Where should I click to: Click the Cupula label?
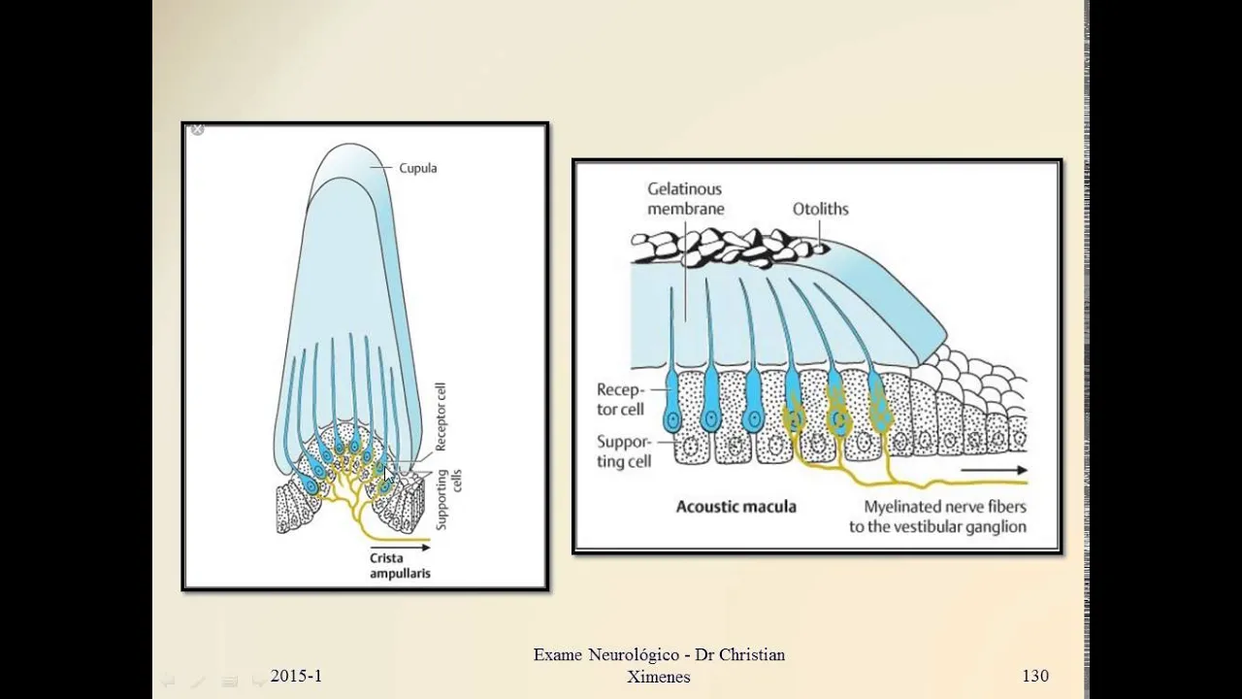pyautogui.click(x=417, y=168)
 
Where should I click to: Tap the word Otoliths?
pyautogui.click(x=821, y=209)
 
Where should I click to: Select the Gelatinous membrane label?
pyautogui.click(x=686, y=199)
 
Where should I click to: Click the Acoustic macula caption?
pyautogui.click(x=735, y=507)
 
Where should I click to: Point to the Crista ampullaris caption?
pyautogui.click(x=399, y=565)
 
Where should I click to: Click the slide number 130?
pyautogui.click(x=1034, y=676)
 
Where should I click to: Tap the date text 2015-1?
pyautogui.click(x=296, y=676)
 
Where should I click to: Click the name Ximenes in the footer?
pyautogui.click(x=659, y=678)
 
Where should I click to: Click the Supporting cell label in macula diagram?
pyautogui.click(x=624, y=451)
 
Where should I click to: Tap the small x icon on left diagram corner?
pyautogui.click(x=197, y=129)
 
